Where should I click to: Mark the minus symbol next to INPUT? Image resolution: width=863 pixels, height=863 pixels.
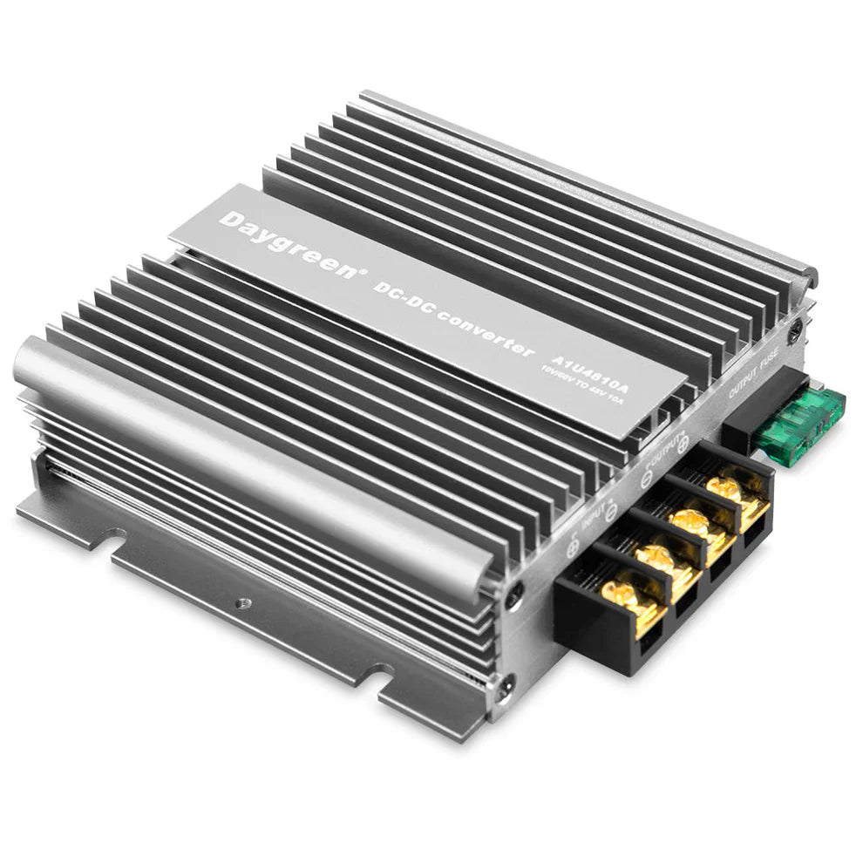coord(574,548)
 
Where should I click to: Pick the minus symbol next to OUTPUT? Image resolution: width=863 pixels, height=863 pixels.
coord(647,479)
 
